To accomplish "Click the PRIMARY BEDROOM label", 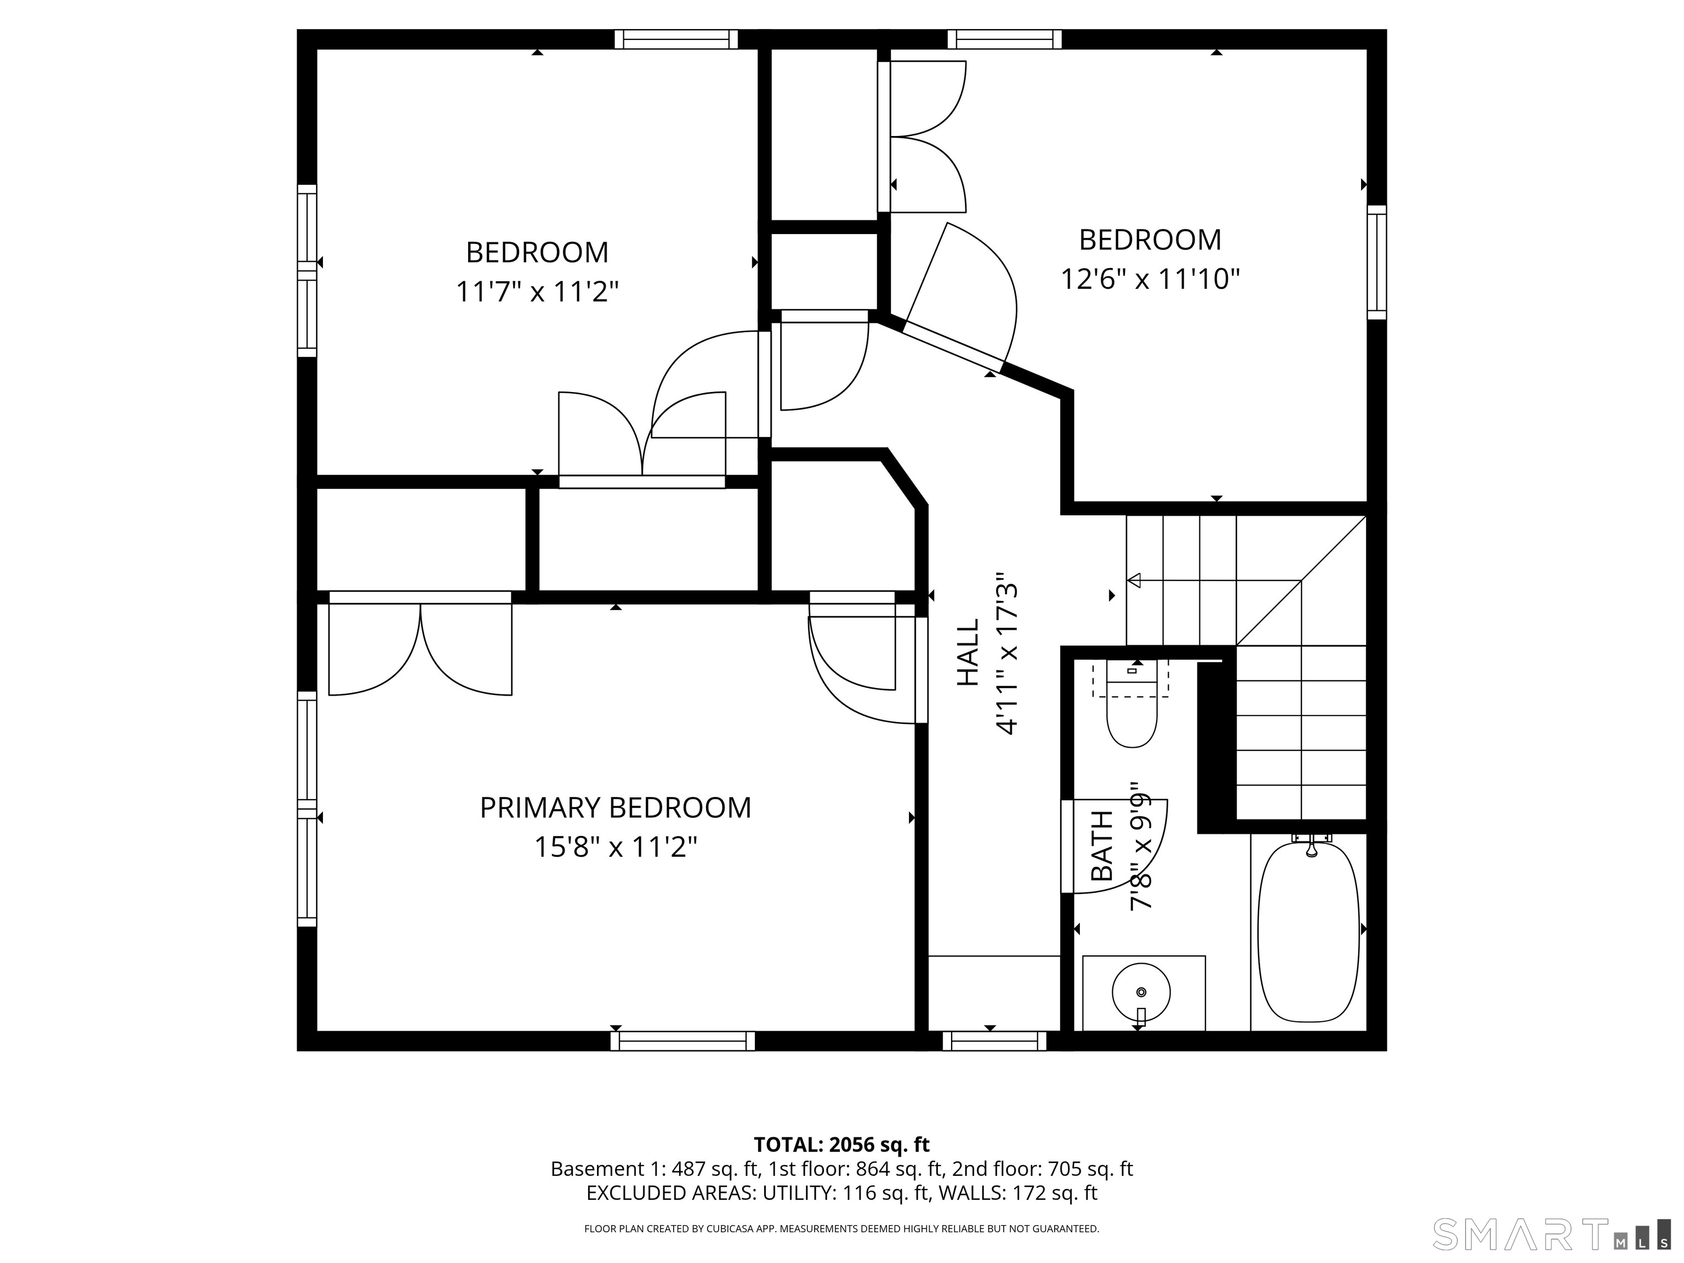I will point(615,808).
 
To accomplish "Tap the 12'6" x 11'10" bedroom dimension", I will point(1150,280).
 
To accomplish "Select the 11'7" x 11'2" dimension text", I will point(537,292).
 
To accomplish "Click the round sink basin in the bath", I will point(1140,992).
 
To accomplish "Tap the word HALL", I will point(968,652).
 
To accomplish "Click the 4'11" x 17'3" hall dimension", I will point(1006,654).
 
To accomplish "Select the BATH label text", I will point(1102,846).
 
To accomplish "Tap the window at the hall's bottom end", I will point(994,1040).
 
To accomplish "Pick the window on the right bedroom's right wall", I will point(1376,262).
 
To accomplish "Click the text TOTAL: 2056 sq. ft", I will point(841,1144).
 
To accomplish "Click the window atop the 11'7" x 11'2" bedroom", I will point(676,39).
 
